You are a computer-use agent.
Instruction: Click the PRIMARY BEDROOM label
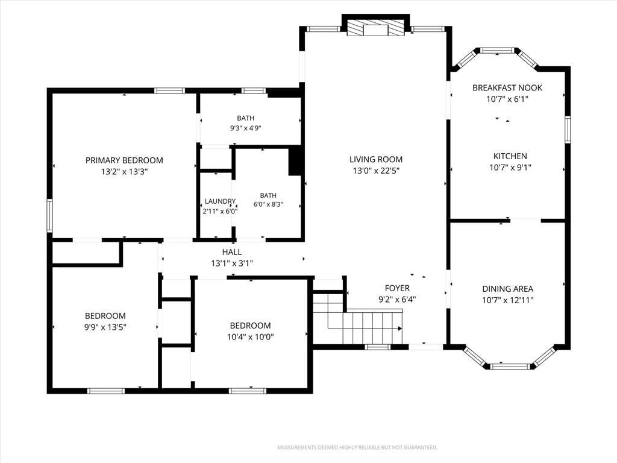pos(124,160)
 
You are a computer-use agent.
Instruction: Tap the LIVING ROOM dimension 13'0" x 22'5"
pos(376,171)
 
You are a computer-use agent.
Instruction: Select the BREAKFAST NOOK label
pos(507,88)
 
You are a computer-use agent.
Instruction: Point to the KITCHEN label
pos(510,156)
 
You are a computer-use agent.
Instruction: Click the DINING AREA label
pos(507,289)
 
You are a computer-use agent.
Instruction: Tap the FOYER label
pos(397,288)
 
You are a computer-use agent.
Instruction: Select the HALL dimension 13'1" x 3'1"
pos(232,263)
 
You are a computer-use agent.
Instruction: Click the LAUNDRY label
pos(220,201)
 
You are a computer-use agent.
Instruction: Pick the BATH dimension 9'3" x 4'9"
pos(246,128)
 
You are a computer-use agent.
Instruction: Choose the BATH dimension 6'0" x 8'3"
pos(268,205)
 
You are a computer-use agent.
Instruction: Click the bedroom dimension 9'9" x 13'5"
pos(105,327)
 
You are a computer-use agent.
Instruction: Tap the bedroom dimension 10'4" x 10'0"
pos(250,337)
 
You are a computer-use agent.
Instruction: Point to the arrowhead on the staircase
pos(400,328)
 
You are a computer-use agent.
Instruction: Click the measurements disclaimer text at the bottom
pos(357,448)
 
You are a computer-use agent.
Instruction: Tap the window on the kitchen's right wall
pos(568,130)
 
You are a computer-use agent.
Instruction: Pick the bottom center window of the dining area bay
pos(510,367)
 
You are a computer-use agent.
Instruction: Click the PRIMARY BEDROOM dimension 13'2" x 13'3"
pos(124,172)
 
